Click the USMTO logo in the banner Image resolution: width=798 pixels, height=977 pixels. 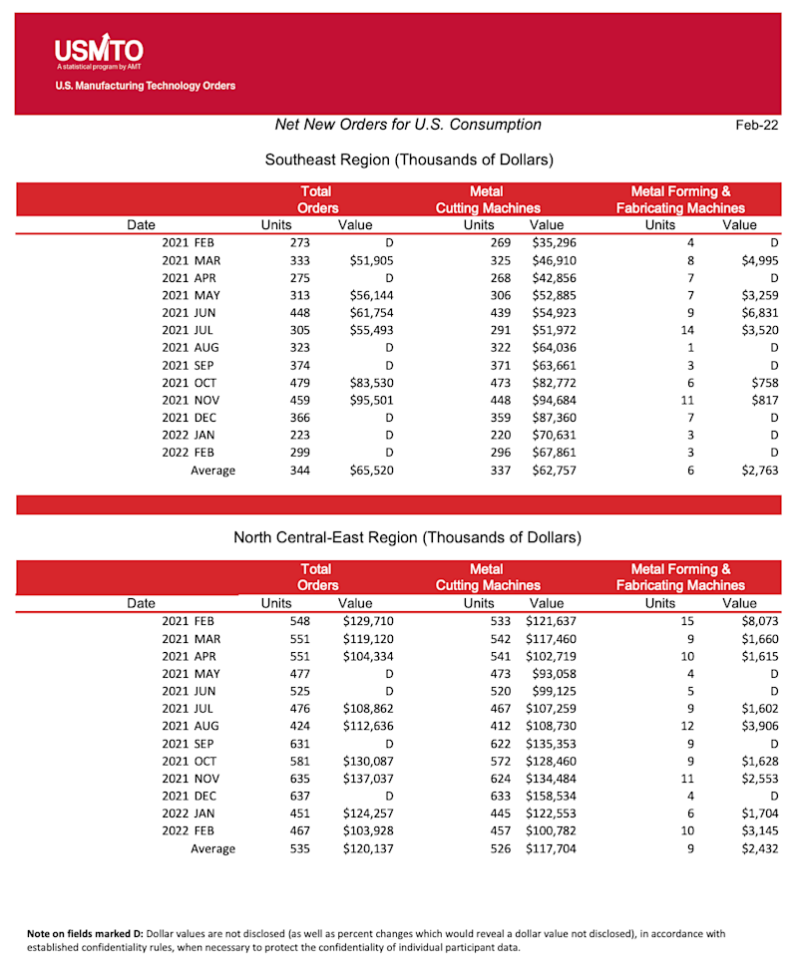coord(99,50)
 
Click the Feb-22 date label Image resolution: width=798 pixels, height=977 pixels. coord(756,125)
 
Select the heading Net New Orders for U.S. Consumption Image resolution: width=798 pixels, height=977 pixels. coord(408,125)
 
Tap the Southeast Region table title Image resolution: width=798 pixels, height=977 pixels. coord(409,160)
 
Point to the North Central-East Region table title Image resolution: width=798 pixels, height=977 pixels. coord(407,537)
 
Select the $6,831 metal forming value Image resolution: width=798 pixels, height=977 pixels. coord(756,313)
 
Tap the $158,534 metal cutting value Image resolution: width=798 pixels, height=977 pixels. coord(549,797)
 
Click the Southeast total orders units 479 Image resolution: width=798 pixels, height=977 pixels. coord(299,383)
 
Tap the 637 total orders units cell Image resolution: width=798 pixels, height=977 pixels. coord(299,797)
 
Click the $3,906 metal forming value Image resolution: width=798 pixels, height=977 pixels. coord(756,726)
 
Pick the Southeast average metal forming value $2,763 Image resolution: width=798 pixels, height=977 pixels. coord(756,471)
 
